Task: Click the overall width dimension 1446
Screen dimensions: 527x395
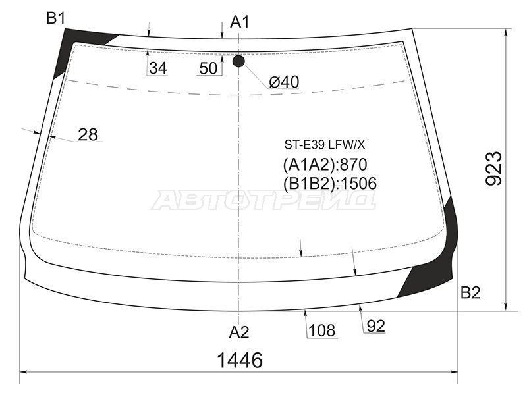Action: [240, 360]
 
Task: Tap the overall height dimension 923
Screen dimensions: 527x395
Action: [493, 169]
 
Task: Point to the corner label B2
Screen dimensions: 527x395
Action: [470, 293]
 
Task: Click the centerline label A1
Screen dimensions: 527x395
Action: [240, 22]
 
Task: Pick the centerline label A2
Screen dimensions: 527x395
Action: [239, 332]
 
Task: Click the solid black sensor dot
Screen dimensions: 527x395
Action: [238, 61]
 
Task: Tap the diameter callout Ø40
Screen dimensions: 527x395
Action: [284, 82]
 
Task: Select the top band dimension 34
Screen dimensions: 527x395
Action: [158, 68]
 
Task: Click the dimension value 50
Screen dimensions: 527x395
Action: [208, 68]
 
